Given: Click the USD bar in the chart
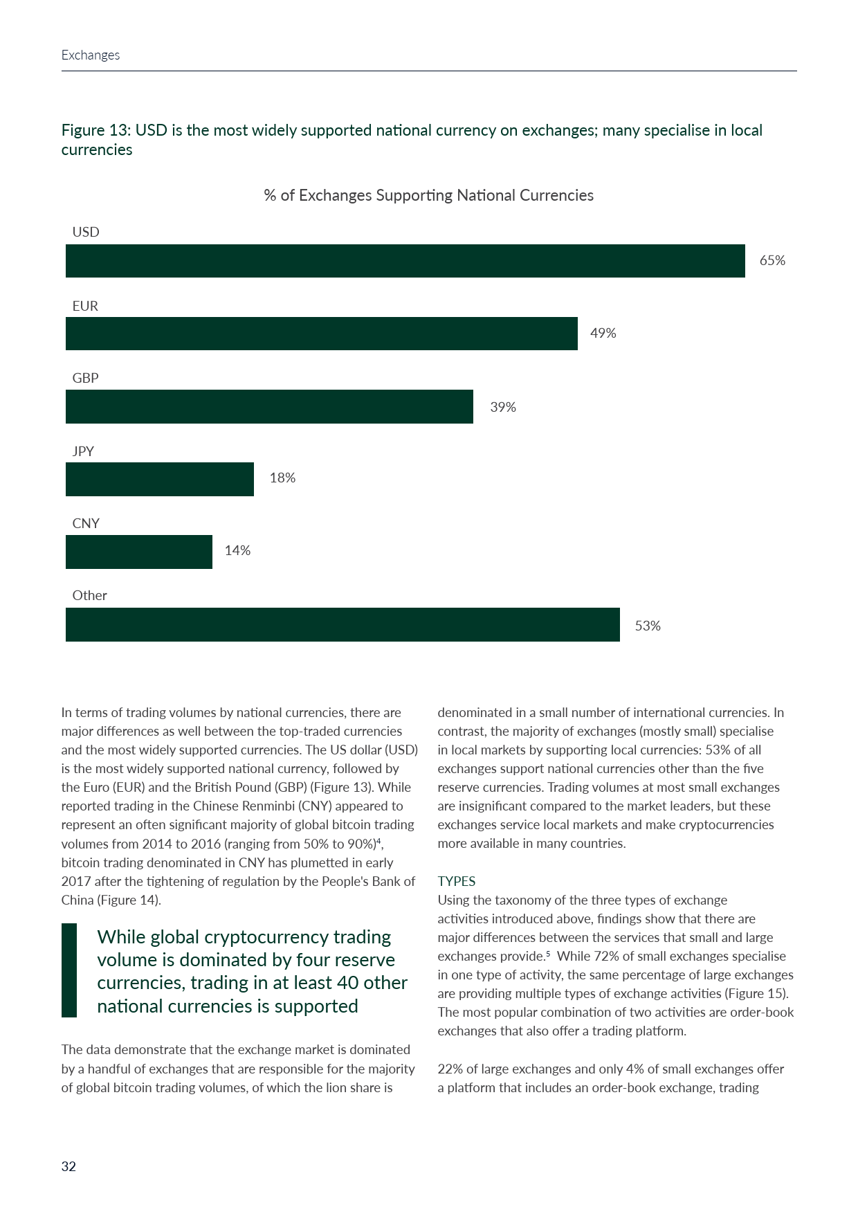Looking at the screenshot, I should (405, 261).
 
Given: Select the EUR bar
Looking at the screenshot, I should (321, 334).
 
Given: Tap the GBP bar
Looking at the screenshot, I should (269, 406).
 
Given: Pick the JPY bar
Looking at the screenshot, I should (159, 479).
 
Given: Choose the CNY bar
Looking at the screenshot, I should (138, 552).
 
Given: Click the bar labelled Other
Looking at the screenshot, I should (343, 624).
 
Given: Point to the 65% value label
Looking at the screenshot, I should (772, 261).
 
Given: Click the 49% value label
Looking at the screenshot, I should (603, 334).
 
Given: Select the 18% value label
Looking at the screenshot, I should (282, 478).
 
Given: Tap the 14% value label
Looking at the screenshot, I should (237, 551).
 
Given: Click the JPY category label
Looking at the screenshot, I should (83, 451).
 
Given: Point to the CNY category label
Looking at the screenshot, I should (86, 524).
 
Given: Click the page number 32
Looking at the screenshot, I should (69, 1167).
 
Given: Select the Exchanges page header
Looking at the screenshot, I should (91, 55).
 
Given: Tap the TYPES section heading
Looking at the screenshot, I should (457, 881).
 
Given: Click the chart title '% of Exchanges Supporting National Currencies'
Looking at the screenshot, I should (428, 196).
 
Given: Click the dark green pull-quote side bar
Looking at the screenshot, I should (69, 970).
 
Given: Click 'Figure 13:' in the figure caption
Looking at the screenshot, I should (96, 131).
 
